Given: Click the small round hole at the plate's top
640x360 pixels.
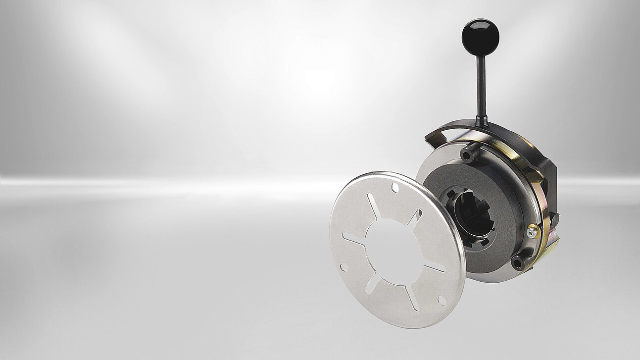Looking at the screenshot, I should [x=394, y=188].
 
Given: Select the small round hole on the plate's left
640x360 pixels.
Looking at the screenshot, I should [x=343, y=267].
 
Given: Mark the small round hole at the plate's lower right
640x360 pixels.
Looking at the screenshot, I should [x=442, y=300].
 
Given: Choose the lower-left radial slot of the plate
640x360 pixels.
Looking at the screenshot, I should [x=372, y=284].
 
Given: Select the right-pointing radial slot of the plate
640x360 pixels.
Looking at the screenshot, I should [x=434, y=267].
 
